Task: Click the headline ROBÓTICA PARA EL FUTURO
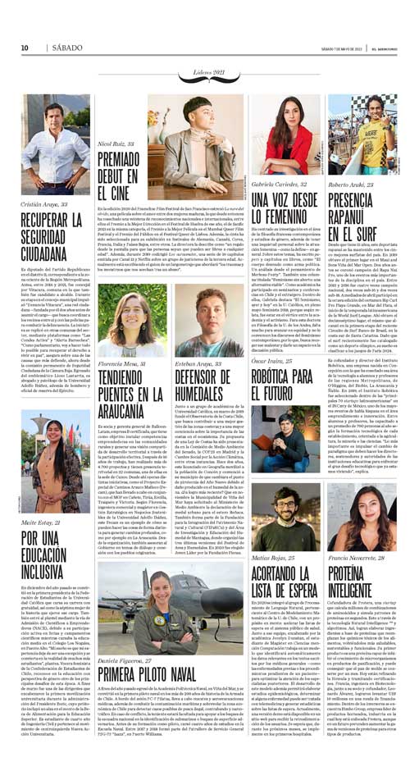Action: pyautogui.click(x=281, y=383)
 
